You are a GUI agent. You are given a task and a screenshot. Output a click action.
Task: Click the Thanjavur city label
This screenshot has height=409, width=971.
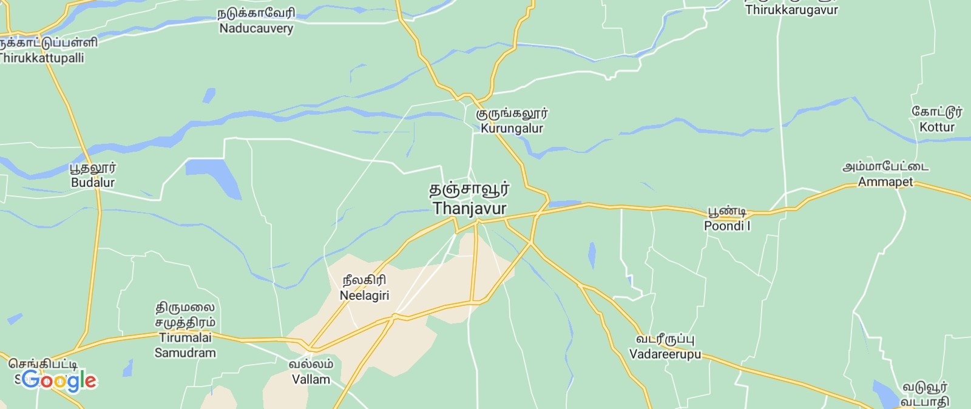[470, 208]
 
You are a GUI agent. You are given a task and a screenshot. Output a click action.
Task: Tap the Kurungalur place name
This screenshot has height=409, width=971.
[512, 128]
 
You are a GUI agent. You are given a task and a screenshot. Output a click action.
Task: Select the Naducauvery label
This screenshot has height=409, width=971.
[256, 29]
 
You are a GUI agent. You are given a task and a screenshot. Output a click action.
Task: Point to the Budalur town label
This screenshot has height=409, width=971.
[93, 183]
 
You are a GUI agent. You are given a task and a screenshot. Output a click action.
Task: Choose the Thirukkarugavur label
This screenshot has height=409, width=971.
[791, 10]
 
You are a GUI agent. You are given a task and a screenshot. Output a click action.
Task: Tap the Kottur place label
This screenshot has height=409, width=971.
[937, 127]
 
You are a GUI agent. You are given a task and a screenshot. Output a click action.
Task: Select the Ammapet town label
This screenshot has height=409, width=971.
[885, 182]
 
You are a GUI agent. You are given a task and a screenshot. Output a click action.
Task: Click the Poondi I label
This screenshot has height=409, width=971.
[727, 226]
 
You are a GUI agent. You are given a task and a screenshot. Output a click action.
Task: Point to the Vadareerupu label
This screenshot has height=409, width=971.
[665, 354]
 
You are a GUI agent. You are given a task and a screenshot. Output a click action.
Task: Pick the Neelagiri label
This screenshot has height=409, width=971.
[364, 296]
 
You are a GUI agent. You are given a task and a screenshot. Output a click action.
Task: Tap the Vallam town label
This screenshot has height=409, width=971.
[311, 380]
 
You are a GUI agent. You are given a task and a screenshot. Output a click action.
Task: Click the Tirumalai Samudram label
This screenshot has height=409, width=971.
[185, 345]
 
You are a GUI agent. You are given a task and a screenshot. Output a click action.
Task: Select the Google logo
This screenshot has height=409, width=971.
[58, 380]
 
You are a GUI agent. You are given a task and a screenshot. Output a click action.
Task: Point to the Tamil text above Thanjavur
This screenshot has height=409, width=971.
[470, 189]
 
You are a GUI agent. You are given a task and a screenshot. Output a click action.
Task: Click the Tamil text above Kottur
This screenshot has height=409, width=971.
[937, 112]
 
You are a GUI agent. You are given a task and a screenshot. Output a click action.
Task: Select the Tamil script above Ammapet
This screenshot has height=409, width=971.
[885, 166]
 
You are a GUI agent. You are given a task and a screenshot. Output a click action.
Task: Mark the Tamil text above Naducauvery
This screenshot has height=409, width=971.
[256, 13]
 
